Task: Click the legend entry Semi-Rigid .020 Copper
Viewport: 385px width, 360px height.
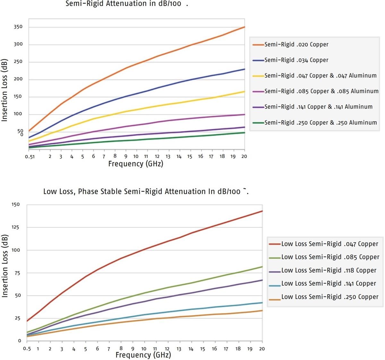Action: point(296,45)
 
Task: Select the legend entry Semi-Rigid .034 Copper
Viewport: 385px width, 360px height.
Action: point(296,60)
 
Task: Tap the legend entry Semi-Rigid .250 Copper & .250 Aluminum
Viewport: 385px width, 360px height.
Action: point(321,123)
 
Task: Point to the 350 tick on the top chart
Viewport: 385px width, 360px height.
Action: point(18,27)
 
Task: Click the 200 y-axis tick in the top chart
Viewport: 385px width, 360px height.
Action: point(18,79)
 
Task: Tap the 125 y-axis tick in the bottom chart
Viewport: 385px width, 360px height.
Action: point(16,227)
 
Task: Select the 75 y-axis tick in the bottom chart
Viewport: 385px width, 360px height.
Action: point(17,273)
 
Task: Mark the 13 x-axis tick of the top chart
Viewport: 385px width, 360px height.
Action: point(168,157)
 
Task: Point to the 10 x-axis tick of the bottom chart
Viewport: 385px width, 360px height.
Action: point(144,349)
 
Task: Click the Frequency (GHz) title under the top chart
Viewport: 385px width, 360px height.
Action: point(136,164)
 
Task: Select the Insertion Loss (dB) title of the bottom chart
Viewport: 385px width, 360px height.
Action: point(5,266)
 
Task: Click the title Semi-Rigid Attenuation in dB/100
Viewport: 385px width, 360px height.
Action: point(124,4)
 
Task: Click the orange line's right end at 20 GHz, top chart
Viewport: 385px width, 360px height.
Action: point(245,27)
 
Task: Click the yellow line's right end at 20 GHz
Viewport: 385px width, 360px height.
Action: point(245,92)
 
